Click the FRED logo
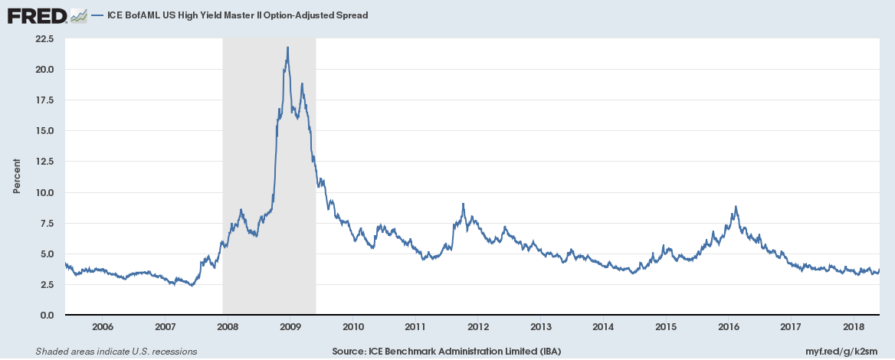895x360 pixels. pos(36,15)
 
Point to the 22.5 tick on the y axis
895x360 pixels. pos(44,38)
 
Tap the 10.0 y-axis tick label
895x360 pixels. pos(44,192)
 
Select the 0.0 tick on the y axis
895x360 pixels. pos(46,315)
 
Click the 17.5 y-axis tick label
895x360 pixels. pos(44,100)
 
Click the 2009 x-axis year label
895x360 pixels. pos(290,327)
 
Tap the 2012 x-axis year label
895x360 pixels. pos(477,327)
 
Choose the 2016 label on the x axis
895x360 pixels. pos(728,327)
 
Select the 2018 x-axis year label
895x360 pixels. pos(853,327)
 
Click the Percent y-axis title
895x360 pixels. pos(16,177)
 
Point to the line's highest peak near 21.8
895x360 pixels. pos(287,47)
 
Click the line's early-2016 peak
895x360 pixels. pos(736,206)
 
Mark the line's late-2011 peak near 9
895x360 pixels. pos(464,204)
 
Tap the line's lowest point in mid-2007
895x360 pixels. pos(192,285)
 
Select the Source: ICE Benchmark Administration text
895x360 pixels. pos(447,352)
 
